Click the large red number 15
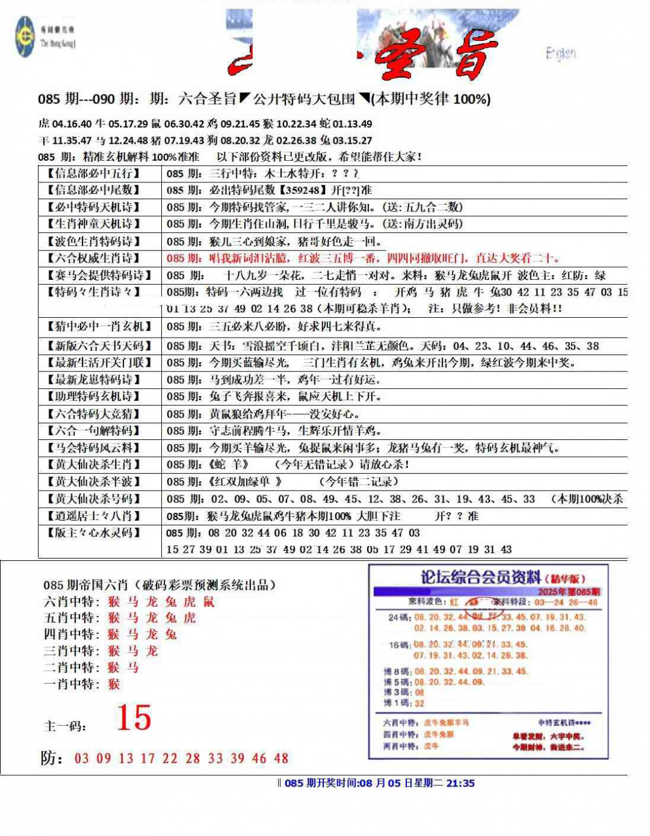pyautogui.click(x=134, y=717)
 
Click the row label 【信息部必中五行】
pyautogui.click(x=94, y=173)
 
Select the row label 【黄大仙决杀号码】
pyautogui.click(x=94, y=499)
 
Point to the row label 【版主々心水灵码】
pyautogui.click(x=94, y=533)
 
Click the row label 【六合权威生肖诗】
pyautogui.click(x=94, y=258)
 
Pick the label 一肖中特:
pyautogui.click(x=72, y=684)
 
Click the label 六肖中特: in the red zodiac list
pyautogui.click(x=72, y=602)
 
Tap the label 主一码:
pyautogui.click(x=65, y=726)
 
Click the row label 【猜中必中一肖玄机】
pyautogui.click(x=99, y=326)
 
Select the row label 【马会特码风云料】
pyautogui.click(x=94, y=448)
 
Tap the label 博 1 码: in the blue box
pyautogui.click(x=397, y=703)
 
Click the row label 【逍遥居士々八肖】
pyautogui.click(x=94, y=516)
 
